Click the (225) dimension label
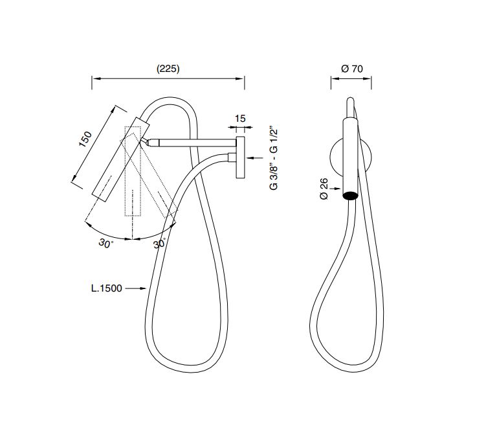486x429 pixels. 168,69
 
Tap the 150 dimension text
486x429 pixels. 85,139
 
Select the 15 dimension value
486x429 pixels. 240,119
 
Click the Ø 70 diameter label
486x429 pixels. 352,68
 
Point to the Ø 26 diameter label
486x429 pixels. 324,189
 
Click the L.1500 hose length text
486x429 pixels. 106,288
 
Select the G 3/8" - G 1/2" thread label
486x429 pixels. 274,158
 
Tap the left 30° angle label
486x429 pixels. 106,243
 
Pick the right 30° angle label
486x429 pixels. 160,243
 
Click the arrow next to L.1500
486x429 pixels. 135,288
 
